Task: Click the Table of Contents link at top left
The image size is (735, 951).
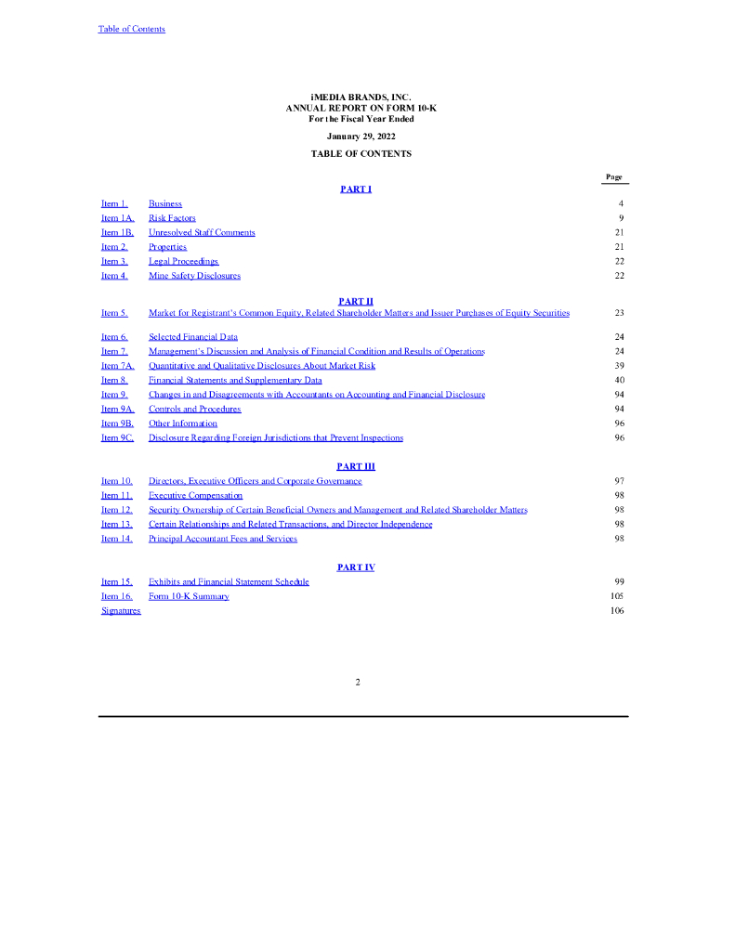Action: click(x=132, y=29)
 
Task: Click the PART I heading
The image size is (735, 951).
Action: click(x=356, y=189)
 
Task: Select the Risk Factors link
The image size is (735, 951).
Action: click(x=172, y=218)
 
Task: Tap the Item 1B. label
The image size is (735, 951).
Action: click(x=118, y=232)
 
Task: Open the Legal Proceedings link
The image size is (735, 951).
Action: click(x=183, y=261)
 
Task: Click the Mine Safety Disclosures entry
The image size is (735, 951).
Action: click(x=194, y=276)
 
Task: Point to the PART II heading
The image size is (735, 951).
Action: click(x=356, y=301)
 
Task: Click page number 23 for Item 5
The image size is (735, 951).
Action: click(x=619, y=313)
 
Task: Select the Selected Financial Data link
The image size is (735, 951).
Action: click(x=192, y=337)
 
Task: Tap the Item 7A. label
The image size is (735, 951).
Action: click(x=118, y=366)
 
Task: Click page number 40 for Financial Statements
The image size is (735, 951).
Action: click(x=619, y=380)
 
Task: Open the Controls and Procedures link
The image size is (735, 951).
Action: click(x=194, y=409)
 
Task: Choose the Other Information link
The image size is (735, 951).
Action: click(x=183, y=423)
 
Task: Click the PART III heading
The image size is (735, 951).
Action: click(x=356, y=466)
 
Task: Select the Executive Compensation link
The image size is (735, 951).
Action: click(x=195, y=495)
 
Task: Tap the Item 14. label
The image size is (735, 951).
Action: click(x=117, y=539)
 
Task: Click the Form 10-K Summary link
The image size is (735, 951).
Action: click(x=189, y=596)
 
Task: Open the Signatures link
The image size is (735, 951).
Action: click(x=121, y=610)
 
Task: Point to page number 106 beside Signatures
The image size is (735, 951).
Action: click(x=618, y=610)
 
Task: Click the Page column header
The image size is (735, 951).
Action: click(x=614, y=176)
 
